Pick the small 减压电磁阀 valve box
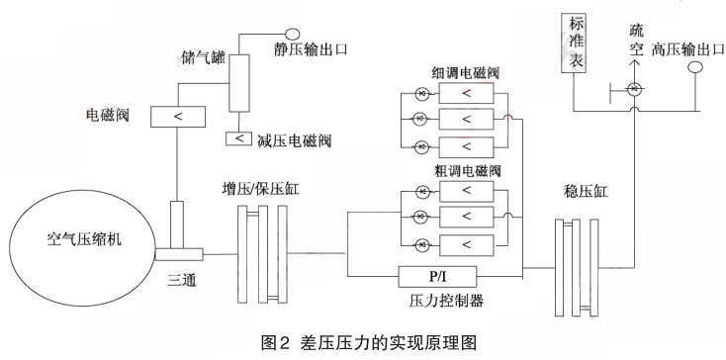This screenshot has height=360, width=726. [238, 137]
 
